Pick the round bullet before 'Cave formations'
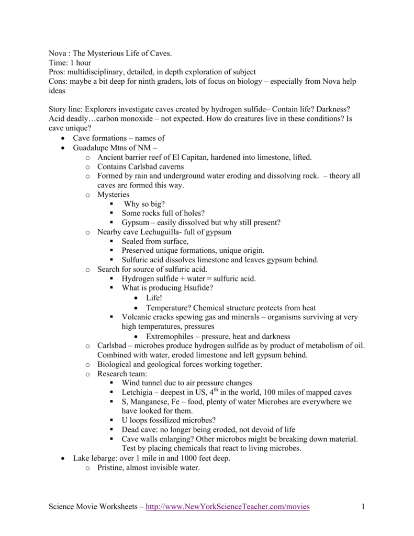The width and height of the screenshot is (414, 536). tap(63, 138)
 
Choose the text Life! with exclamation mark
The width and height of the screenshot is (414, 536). tap(155, 298)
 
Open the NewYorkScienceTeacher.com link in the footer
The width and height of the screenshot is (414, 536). tap(228, 507)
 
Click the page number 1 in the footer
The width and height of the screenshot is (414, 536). tap(362, 507)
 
